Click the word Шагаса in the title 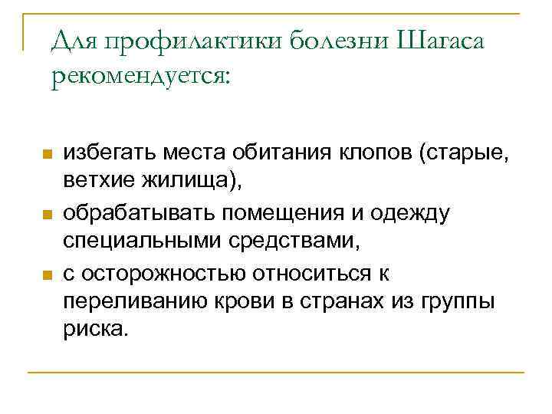point(441,42)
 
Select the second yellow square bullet point(45,214)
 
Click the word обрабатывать point(137,214)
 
